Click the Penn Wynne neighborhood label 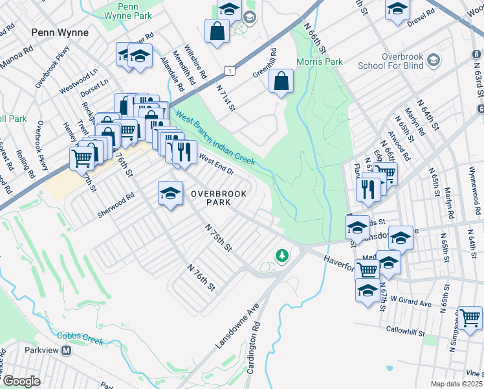coord(60,32)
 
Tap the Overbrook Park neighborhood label coord(209,198)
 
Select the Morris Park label coord(319,62)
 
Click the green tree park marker coord(281,256)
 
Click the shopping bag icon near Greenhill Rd coord(281,82)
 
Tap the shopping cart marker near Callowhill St coord(470,318)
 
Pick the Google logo coord(21,381)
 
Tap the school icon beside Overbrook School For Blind coord(433,60)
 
